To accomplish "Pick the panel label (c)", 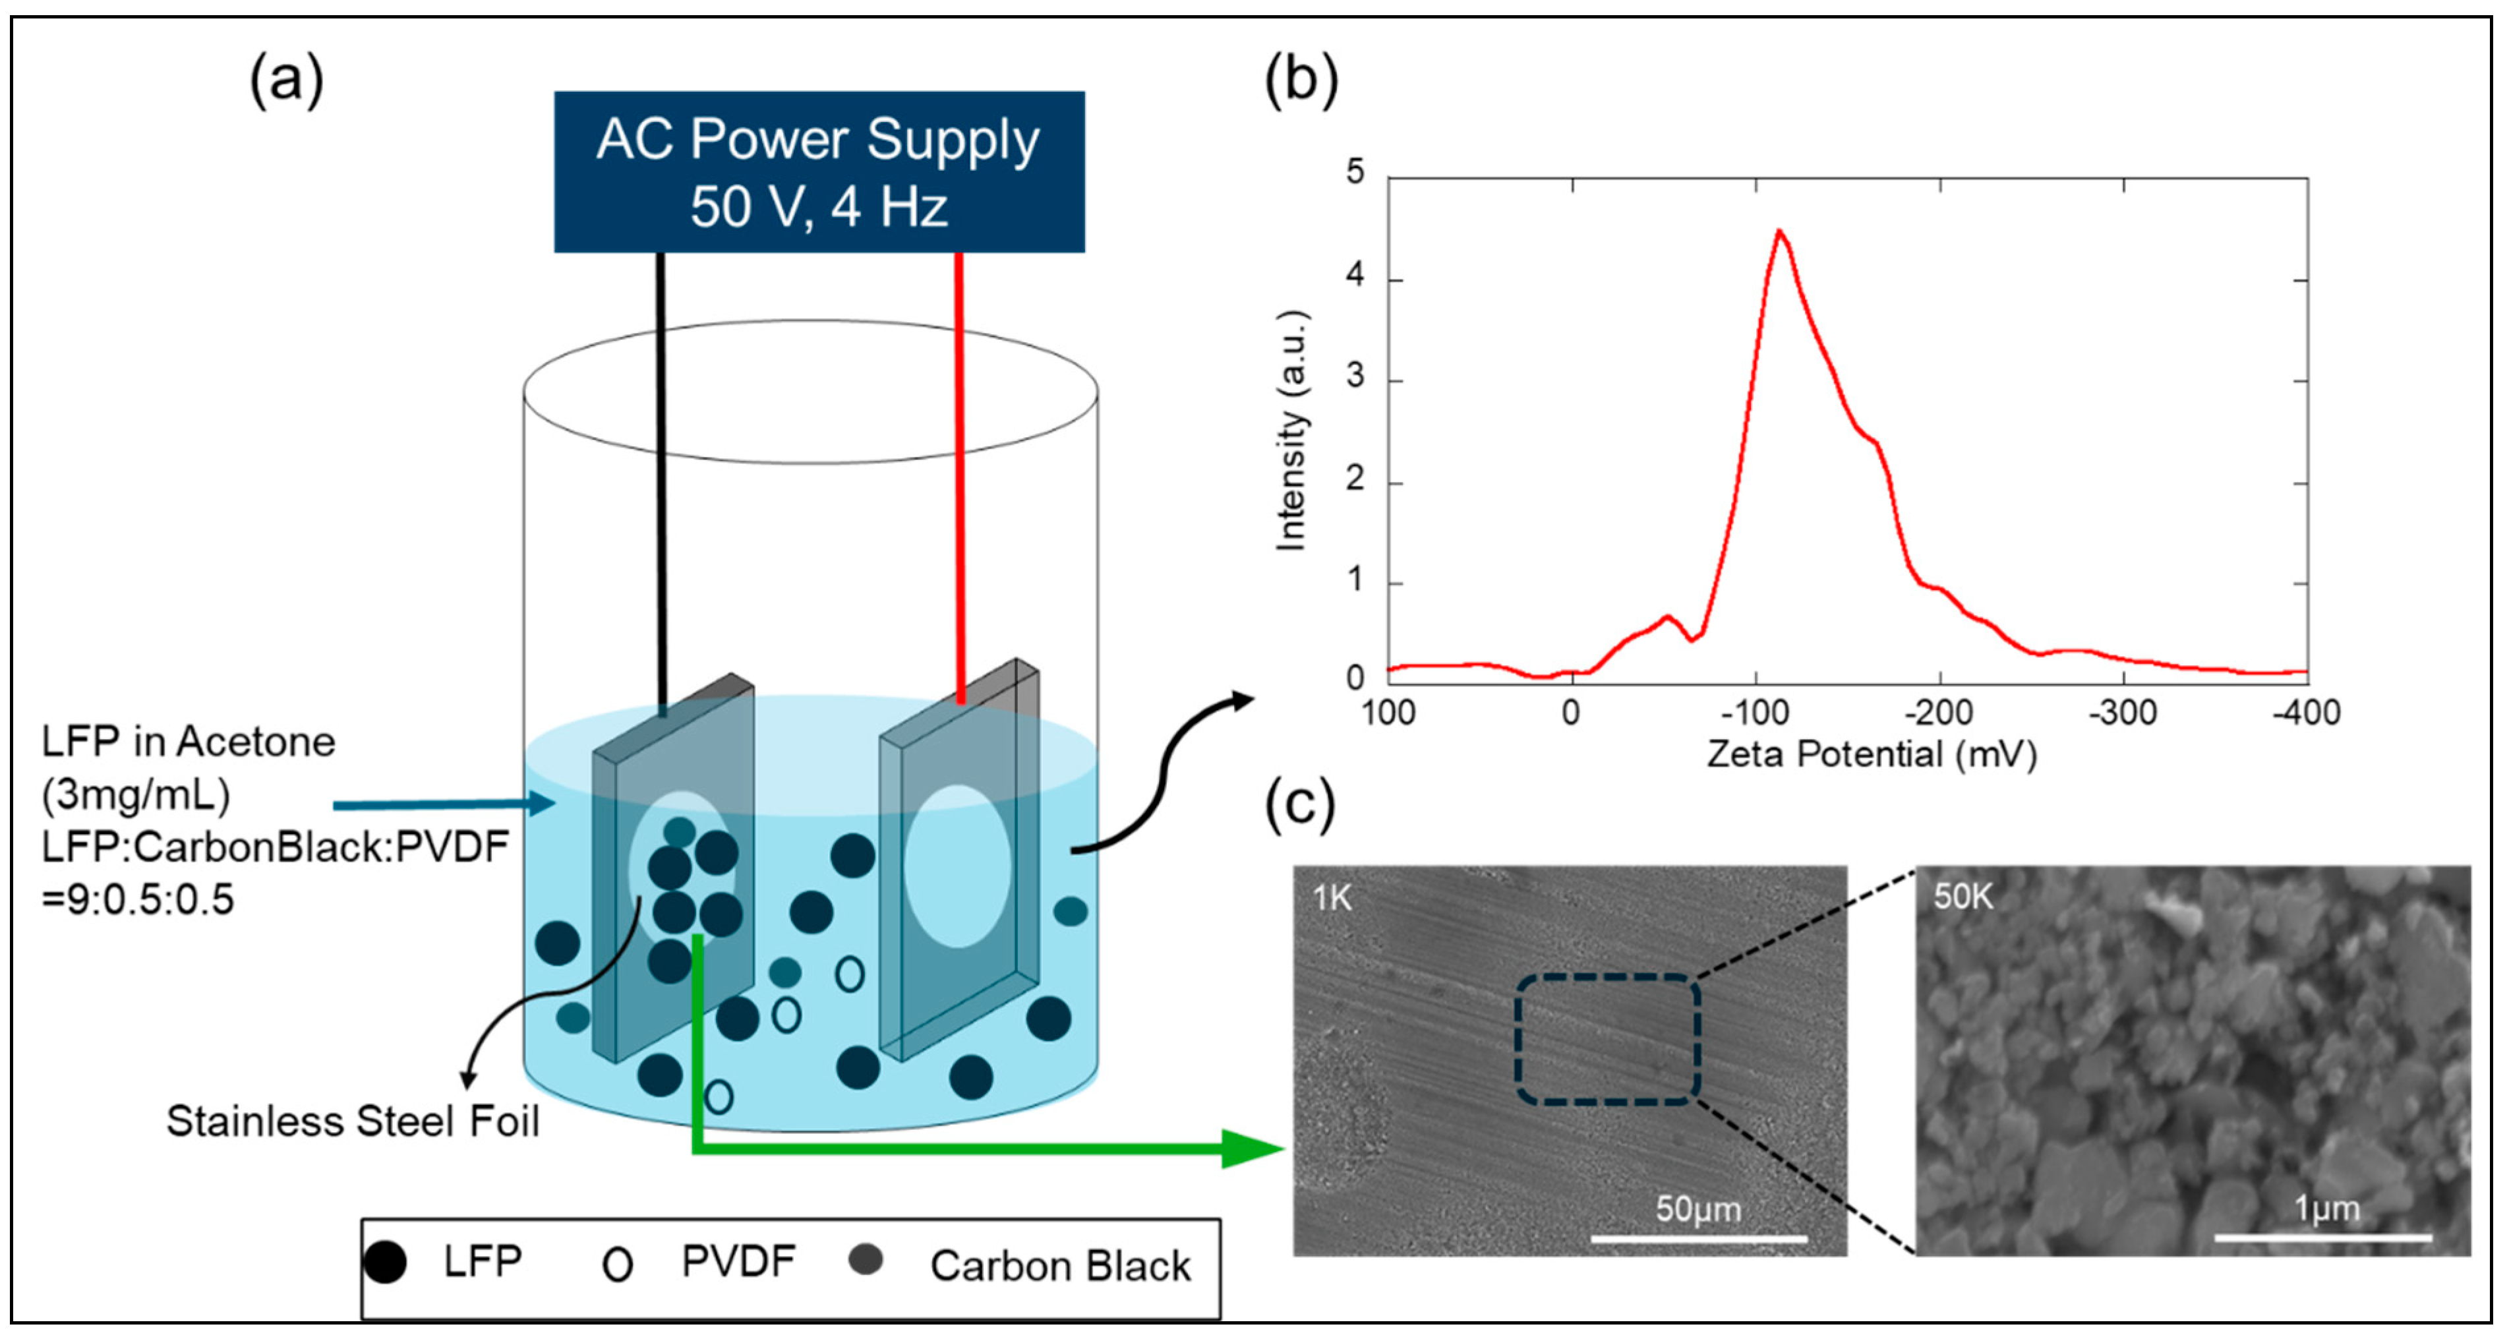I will click(1298, 804).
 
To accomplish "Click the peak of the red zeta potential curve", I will click(1779, 232).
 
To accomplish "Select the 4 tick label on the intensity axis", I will click(1355, 277).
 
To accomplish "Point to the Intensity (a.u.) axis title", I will click(1291, 431).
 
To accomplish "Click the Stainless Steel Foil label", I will click(353, 1121).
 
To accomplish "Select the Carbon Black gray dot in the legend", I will click(865, 1260).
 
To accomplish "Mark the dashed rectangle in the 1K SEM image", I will click(1607, 1040).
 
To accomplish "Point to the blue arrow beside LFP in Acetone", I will click(443, 804).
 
